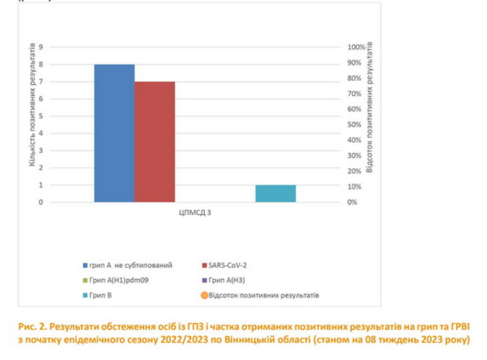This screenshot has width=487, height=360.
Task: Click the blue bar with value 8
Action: (x=114, y=133)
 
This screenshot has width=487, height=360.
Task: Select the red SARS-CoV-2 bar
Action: (x=154, y=142)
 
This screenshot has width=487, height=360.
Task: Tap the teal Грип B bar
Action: (x=275, y=193)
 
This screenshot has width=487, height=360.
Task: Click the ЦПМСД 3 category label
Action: (x=195, y=213)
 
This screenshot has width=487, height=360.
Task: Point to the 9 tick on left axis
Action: (x=41, y=47)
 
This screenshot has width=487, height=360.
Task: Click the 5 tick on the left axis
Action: (x=41, y=116)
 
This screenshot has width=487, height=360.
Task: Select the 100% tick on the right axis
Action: (x=356, y=47)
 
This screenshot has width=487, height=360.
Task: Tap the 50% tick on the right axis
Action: (x=354, y=125)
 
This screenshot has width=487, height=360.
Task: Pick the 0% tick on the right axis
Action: (x=352, y=202)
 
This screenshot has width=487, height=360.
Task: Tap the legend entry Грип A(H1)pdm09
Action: (x=112, y=280)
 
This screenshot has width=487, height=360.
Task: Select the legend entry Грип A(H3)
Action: (x=228, y=280)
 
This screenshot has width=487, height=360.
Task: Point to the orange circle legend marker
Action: (x=203, y=295)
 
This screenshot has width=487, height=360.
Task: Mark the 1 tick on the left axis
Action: (x=41, y=185)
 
